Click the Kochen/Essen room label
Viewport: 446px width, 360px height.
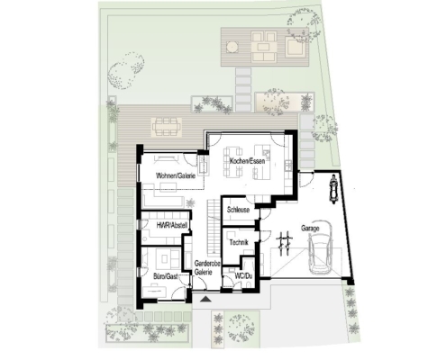247,161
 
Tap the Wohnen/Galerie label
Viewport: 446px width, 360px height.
176,175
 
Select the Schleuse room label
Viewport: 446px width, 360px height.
239,210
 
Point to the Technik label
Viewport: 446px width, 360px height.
239,242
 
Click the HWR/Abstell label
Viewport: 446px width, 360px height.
172,225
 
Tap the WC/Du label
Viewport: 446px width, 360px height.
243,275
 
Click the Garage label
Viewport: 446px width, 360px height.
310,229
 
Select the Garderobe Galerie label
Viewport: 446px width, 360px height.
207,267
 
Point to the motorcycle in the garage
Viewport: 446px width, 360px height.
333,189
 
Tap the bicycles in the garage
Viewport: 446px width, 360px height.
285,243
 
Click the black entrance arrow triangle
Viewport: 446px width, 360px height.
206,299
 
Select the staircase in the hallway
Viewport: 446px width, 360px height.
214,226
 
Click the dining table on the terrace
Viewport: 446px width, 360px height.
167,128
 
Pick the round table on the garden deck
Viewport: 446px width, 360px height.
232,47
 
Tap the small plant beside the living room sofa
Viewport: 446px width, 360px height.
190,203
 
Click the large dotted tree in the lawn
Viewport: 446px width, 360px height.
125,70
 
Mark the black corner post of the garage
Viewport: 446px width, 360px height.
350,283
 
